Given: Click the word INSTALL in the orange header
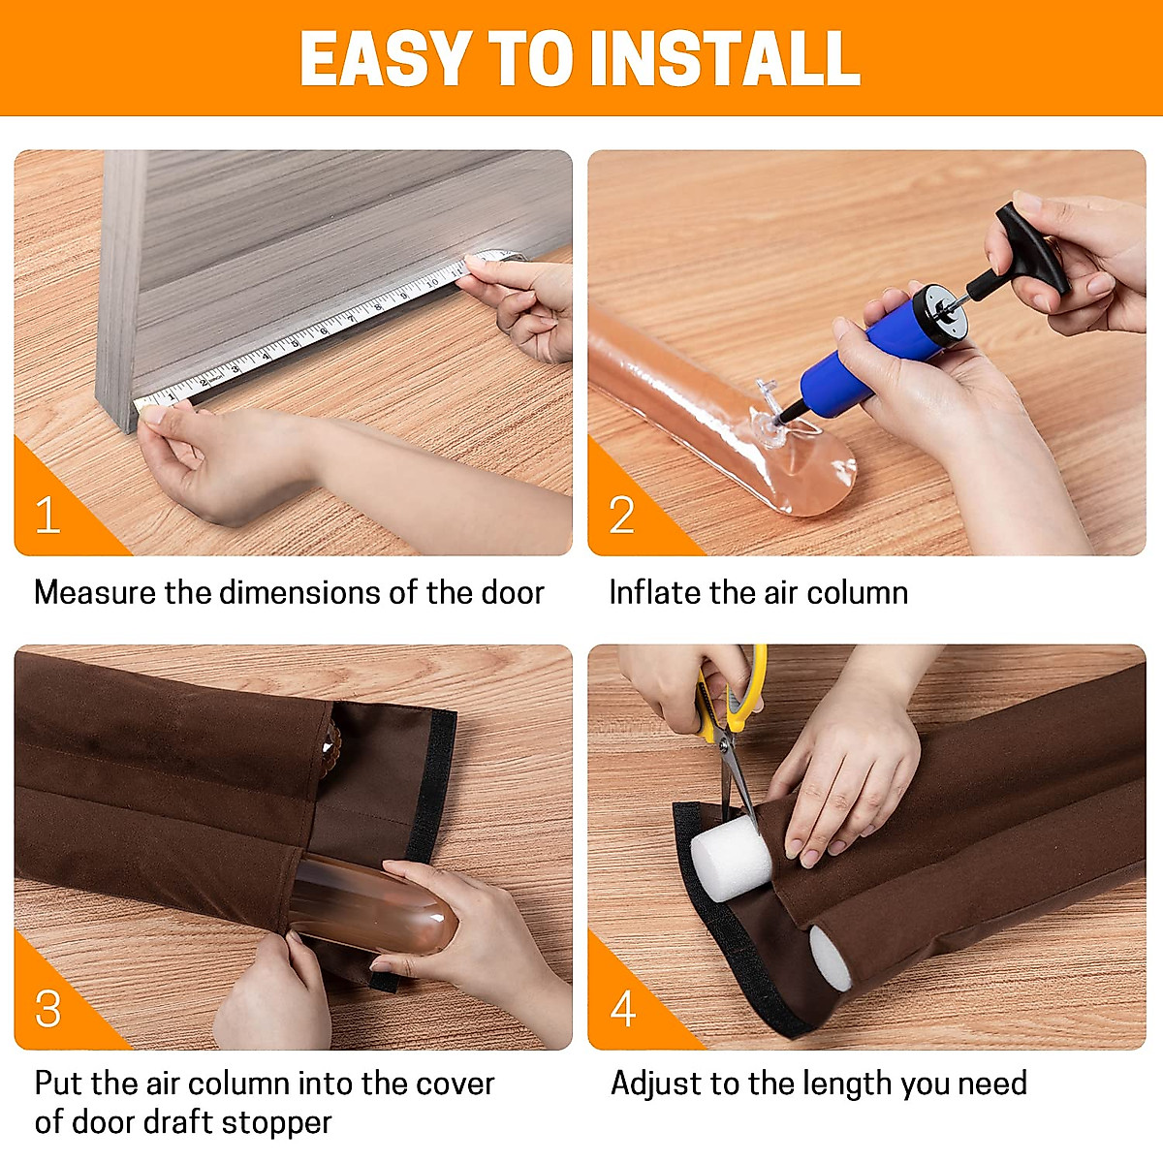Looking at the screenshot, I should pyautogui.click(x=725, y=59).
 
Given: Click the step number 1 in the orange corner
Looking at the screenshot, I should pyautogui.click(x=47, y=515).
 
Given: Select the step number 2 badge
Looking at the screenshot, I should pyautogui.click(x=621, y=515).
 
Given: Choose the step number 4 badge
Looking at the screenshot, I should pyautogui.click(x=623, y=1008).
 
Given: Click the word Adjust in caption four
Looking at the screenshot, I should pyautogui.click(x=656, y=1084).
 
